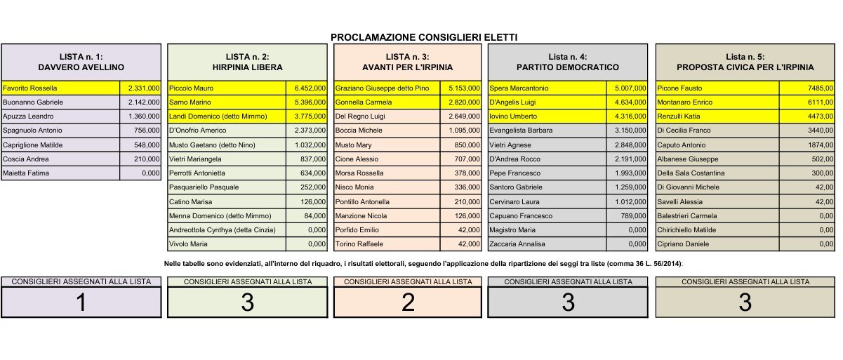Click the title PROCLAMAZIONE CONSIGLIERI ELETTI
[x=424, y=37]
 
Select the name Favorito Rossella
[x=29, y=88]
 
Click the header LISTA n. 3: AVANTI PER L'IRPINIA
[x=408, y=62]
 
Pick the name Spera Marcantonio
[x=519, y=88]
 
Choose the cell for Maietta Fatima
[x=23, y=173]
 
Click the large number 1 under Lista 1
[x=81, y=302]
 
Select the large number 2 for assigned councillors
[x=408, y=302]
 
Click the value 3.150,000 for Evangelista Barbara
[x=628, y=131]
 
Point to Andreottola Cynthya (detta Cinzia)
[x=223, y=229]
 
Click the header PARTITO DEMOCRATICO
[x=568, y=67]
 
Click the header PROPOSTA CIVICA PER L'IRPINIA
[x=745, y=67]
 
